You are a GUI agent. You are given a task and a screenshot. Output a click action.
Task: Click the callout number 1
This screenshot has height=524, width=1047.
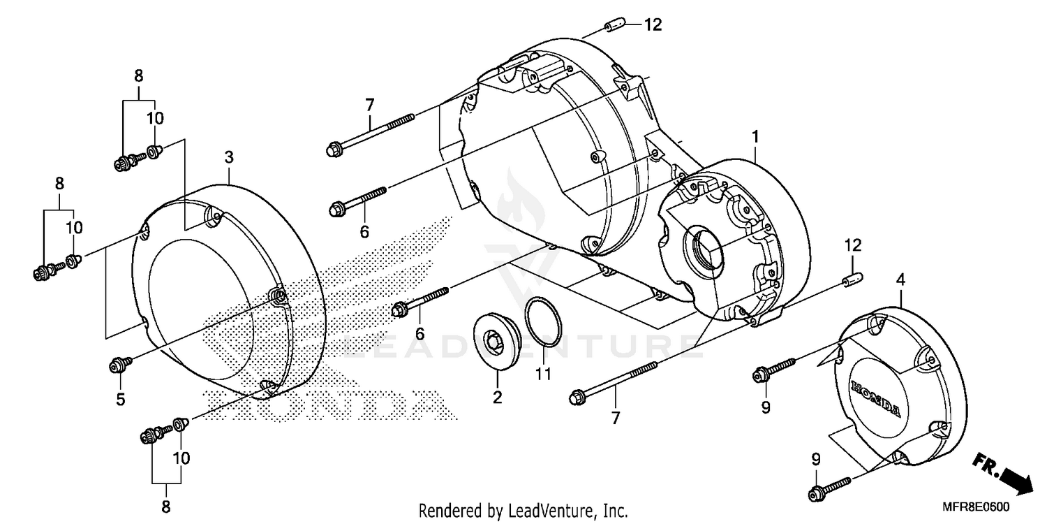[755, 136]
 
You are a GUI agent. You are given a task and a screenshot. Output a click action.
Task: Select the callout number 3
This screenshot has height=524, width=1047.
[229, 158]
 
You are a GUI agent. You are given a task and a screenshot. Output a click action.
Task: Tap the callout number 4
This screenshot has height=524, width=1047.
[900, 279]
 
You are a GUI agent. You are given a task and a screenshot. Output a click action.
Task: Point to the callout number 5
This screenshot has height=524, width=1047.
[120, 400]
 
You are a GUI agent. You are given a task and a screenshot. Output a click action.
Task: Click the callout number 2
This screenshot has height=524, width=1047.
[497, 398]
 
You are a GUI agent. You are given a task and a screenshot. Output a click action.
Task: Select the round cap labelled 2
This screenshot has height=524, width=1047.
[497, 342]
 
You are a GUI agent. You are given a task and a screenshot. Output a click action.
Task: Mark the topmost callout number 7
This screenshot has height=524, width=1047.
[369, 105]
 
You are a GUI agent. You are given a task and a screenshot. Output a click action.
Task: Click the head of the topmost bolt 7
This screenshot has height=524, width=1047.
[334, 148]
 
